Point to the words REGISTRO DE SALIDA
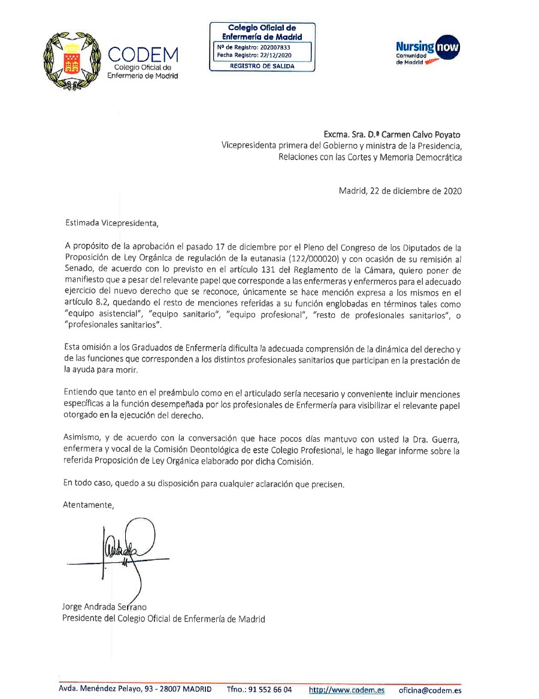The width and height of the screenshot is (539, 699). coord(262,66)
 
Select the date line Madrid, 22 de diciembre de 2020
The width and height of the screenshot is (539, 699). coord(400,192)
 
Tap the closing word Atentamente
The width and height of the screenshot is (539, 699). coord(88,505)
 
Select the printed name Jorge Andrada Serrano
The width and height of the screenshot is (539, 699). coord(104,607)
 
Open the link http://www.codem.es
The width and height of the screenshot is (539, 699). coord(346,690)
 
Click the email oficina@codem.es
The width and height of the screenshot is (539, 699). coord(430,690)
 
